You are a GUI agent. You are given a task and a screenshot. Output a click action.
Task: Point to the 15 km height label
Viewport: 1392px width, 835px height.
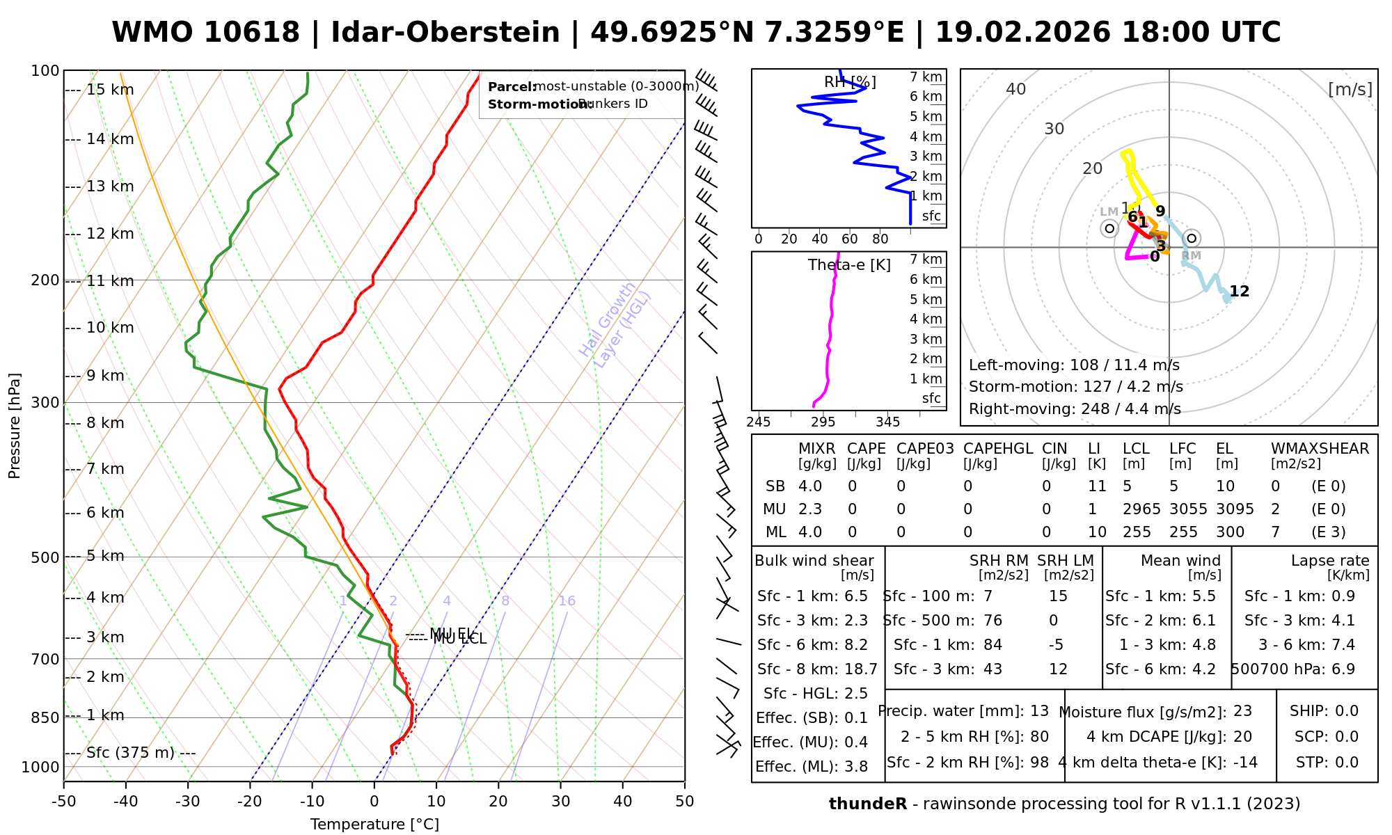pyautogui.click(x=110, y=90)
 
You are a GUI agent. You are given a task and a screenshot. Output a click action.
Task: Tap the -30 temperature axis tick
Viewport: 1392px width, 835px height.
pyautogui.click(x=188, y=802)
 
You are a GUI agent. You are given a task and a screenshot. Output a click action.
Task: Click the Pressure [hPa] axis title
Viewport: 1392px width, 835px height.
pyautogui.click(x=15, y=426)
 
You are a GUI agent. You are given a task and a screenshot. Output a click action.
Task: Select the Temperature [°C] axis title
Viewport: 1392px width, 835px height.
pyautogui.click(x=374, y=825)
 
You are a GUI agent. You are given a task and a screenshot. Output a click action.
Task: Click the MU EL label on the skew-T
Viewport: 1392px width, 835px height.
pyautogui.click(x=452, y=633)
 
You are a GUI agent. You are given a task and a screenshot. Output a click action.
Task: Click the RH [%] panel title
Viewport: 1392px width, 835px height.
pyautogui.click(x=850, y=82)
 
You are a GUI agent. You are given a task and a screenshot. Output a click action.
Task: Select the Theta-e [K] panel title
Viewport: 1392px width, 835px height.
pyautogui.click(x=849, y=265)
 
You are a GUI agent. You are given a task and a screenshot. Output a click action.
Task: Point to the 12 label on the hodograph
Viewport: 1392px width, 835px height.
pyautogui.click(x=1239, y=292)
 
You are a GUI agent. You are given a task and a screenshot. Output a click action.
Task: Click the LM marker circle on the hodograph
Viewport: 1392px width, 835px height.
pyautogui.click(x=1109, y=228)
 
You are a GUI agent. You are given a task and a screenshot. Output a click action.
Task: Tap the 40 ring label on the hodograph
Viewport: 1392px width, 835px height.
pyautogui.click(x=1016, y=89)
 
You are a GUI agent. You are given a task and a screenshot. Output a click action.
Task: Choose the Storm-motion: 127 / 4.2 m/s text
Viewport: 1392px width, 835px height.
pyautogui.click(x=1075, y=387)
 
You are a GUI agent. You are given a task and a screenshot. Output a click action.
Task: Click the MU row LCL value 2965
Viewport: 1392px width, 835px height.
pyautogui.click(x=1141, y=509)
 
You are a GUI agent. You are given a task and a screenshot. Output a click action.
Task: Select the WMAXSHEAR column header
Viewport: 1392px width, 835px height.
pyautogui.click(x=1320, y=449)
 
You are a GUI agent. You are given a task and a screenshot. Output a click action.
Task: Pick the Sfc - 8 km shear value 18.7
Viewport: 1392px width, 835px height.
pyautogui.click(x=861, y=669)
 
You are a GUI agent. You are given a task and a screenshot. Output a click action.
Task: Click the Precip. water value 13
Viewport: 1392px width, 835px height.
pyautogui.click(x=1039, y=711)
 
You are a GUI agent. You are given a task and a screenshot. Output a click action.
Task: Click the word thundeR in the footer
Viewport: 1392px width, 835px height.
pyautogui.click(x=868, y=804)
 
